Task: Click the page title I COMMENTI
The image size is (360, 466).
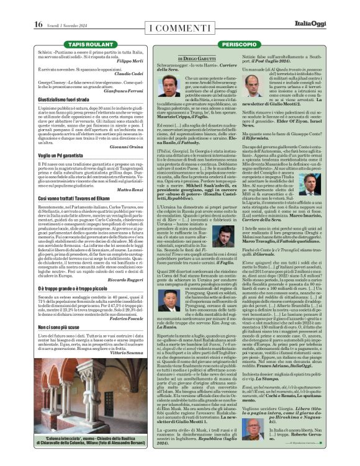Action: (180, 27)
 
